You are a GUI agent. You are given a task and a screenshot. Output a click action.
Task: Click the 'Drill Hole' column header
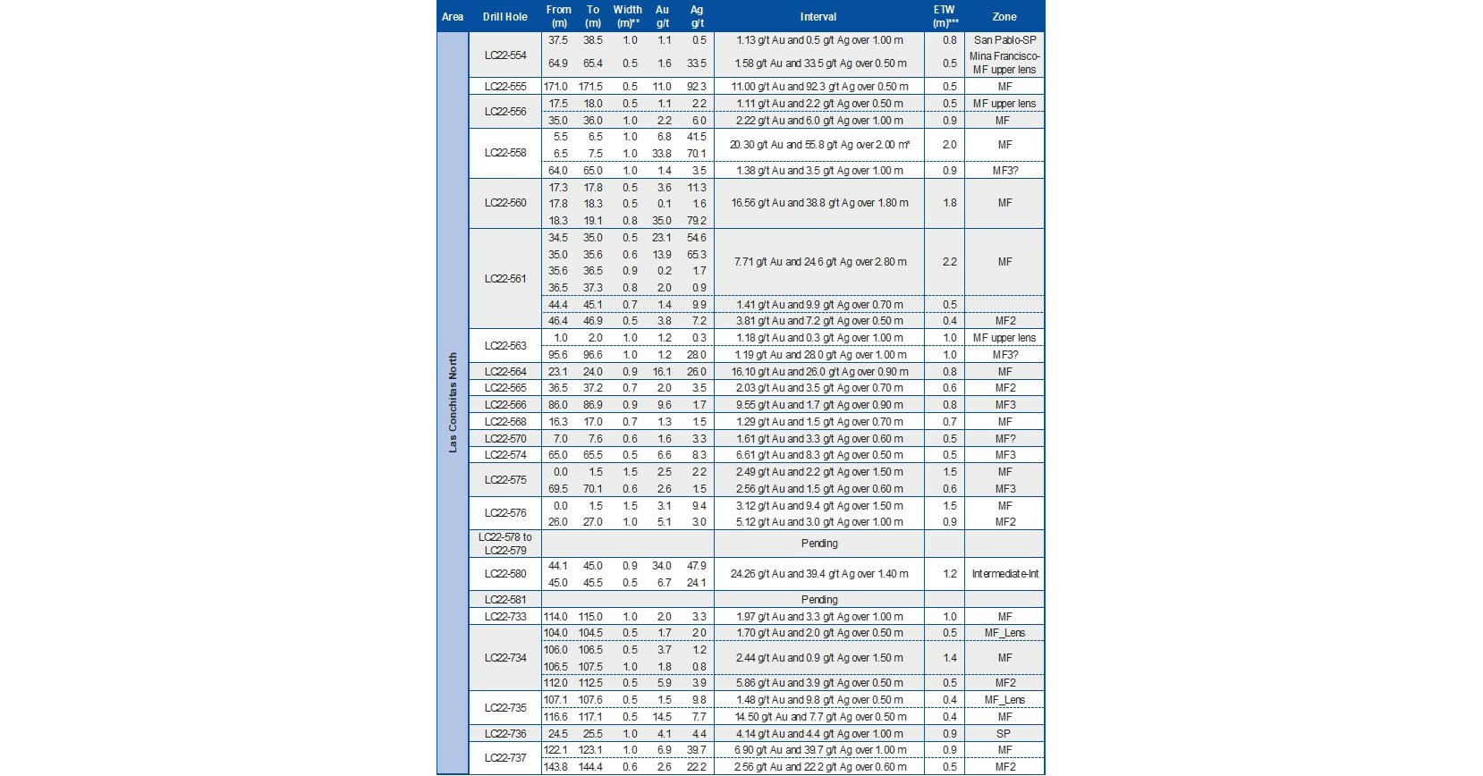tap(504, 17)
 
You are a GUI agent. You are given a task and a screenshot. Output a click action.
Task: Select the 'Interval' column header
tap(818, 17)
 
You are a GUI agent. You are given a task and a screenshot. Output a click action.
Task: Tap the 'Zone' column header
tap(1004, 17)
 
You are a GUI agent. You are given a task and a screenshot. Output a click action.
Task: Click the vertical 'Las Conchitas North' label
tap(453, 402)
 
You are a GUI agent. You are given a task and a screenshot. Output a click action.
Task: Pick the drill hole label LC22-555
tap(505, 87)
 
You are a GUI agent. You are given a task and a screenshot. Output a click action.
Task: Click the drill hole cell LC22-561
tap(505, 279)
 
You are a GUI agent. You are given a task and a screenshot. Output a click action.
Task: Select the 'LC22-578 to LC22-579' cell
tap(505, 544)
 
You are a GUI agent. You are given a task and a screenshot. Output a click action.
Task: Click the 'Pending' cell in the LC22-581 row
tap(819, 600)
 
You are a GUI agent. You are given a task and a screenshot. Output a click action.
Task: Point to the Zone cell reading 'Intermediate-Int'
tap(1004, 574)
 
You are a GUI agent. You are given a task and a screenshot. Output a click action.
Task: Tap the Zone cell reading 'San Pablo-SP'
tap(1004, 40)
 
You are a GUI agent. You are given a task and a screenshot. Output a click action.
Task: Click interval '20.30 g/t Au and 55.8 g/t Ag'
tap(819, 145)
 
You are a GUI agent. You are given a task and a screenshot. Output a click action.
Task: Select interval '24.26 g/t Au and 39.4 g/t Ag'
tap(819, 574)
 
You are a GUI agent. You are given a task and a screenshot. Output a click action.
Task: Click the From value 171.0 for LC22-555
tap(555, 87)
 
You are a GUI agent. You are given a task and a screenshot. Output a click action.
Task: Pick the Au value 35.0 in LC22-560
tap(662, 221)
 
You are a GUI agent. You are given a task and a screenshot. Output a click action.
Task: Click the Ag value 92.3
tap(697, 87)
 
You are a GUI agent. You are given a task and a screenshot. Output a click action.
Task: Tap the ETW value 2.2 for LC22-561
tap(949, 262)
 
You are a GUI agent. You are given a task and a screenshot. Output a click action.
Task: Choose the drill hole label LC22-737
tap(505, 758)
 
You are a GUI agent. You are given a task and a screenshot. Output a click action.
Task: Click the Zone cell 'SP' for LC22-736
tap(1004, 734)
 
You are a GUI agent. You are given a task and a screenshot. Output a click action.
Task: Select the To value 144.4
tap(592, 767)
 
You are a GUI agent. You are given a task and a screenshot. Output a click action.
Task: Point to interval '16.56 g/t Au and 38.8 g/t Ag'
tap(819, 203)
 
